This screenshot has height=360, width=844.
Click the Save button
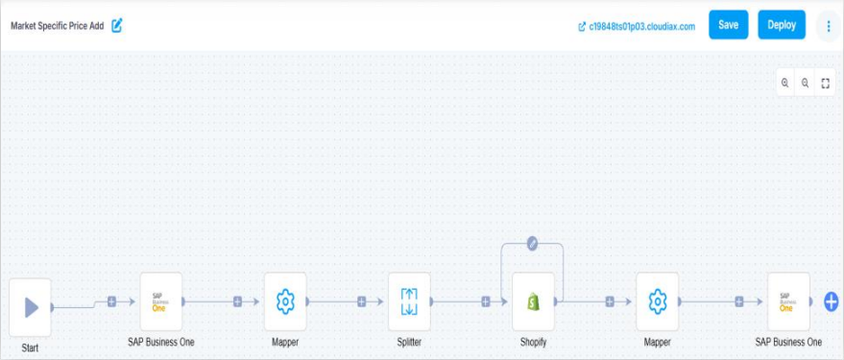728,25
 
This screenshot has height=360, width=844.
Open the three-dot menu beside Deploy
828,26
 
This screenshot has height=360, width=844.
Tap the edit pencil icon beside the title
117,26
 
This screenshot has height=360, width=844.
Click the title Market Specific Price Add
57,26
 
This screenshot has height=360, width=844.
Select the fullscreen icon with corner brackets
825,84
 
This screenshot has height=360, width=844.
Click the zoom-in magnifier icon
785,84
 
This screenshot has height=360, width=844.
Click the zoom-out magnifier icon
805,84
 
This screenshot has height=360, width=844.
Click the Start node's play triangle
31,307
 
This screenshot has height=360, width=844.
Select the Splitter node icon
409,301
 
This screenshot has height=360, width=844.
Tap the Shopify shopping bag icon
533,301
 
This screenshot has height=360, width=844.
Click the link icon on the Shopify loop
532,243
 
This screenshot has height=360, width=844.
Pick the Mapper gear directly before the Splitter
285,301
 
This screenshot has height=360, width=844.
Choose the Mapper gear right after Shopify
658,301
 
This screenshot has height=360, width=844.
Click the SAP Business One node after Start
160,301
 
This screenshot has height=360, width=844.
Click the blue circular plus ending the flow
832,301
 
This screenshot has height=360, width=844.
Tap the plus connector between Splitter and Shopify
486,301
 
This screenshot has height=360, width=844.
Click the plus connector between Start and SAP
111,301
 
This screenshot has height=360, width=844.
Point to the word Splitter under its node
409,342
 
